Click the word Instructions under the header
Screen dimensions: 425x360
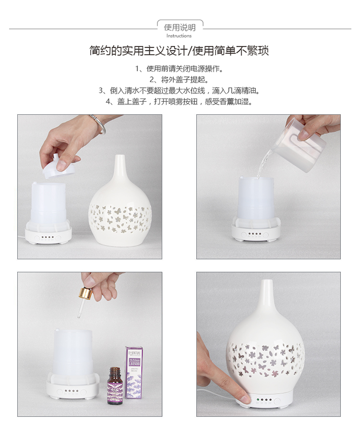[179, 36]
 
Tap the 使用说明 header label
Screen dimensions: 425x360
[180, 27]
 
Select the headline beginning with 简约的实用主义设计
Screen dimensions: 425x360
[179, 50]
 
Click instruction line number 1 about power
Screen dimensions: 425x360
[179, 69]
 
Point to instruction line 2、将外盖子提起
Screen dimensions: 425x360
[179, 79]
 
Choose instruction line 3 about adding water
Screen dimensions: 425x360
[179, 90]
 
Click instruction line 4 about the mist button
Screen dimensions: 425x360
[179, 101]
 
